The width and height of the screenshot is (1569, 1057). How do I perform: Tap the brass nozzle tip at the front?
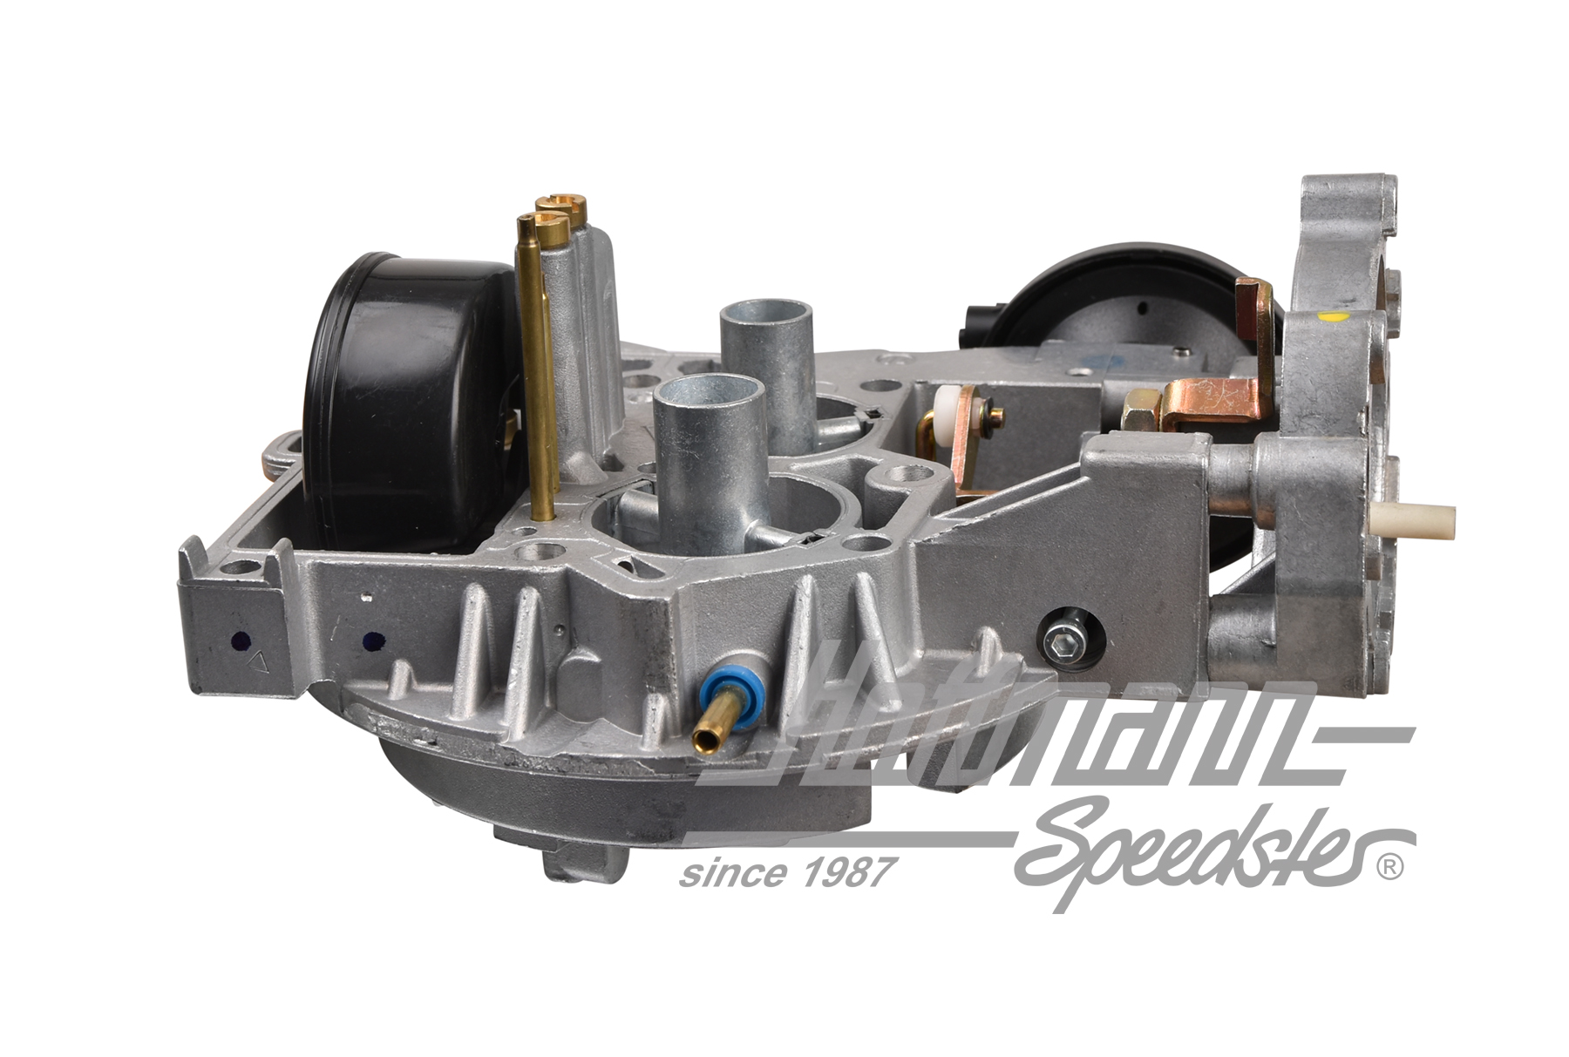point(702,742)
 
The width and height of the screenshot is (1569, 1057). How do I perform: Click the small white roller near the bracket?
point(943,415)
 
